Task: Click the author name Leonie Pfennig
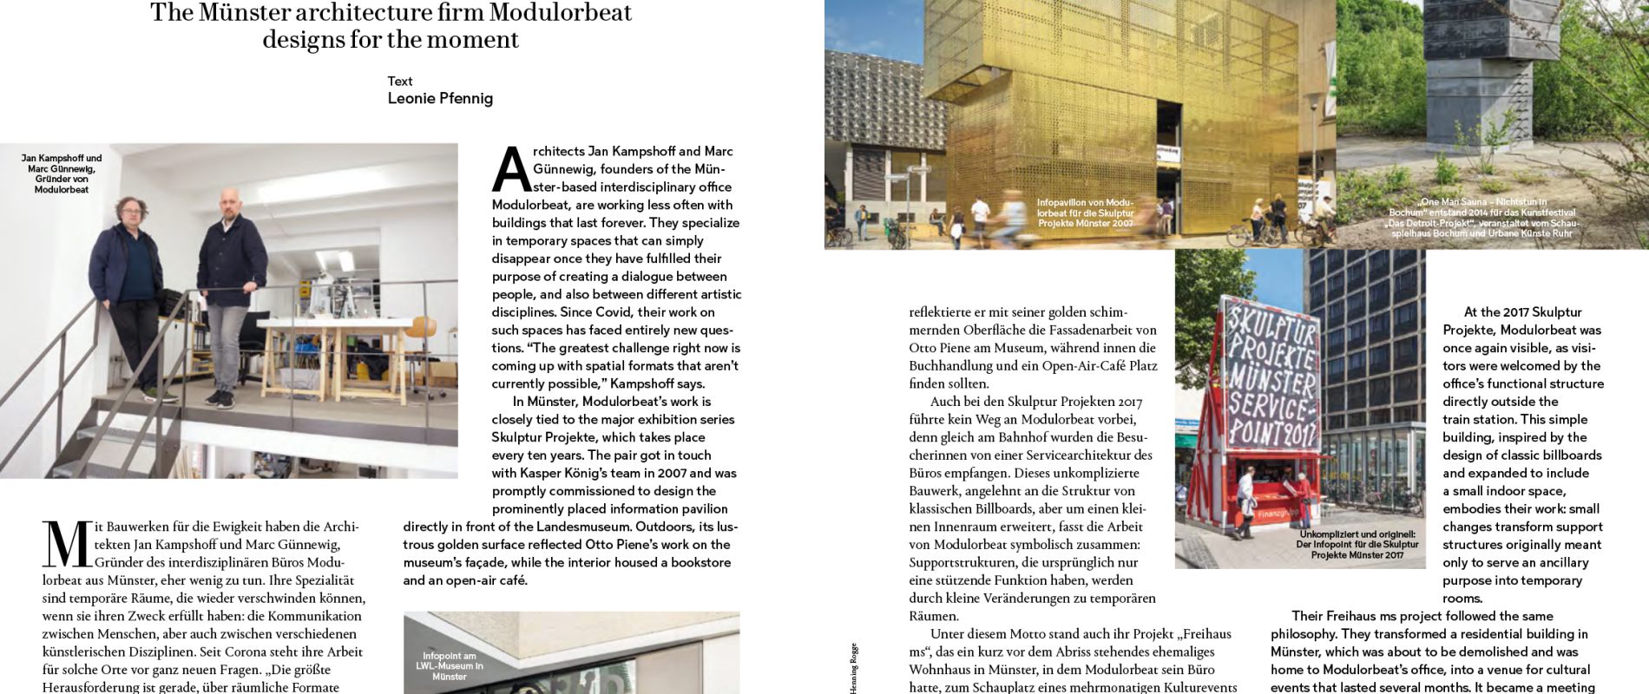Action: pyautogui.click(x=440, y=98)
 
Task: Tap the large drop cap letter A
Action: pyautogui.click(x=510, y=169)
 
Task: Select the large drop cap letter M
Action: pyautogui.click(x=66, y=545)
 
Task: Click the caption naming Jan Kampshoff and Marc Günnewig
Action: pyautogui.click(x=62, y=173)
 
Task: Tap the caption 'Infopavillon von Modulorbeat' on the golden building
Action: pyautogui.click(x=1086, y=213)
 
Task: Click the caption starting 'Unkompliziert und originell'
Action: pyautogui.click(x=1357, y=545)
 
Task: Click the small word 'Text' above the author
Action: pyautogui.click(x=400, y=81)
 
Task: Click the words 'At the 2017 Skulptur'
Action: pyautogui.click(x=1510, y=311)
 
